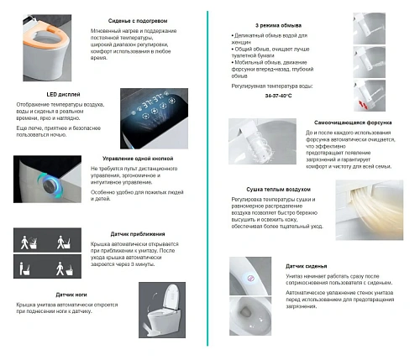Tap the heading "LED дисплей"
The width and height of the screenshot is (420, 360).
coord(62,95)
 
